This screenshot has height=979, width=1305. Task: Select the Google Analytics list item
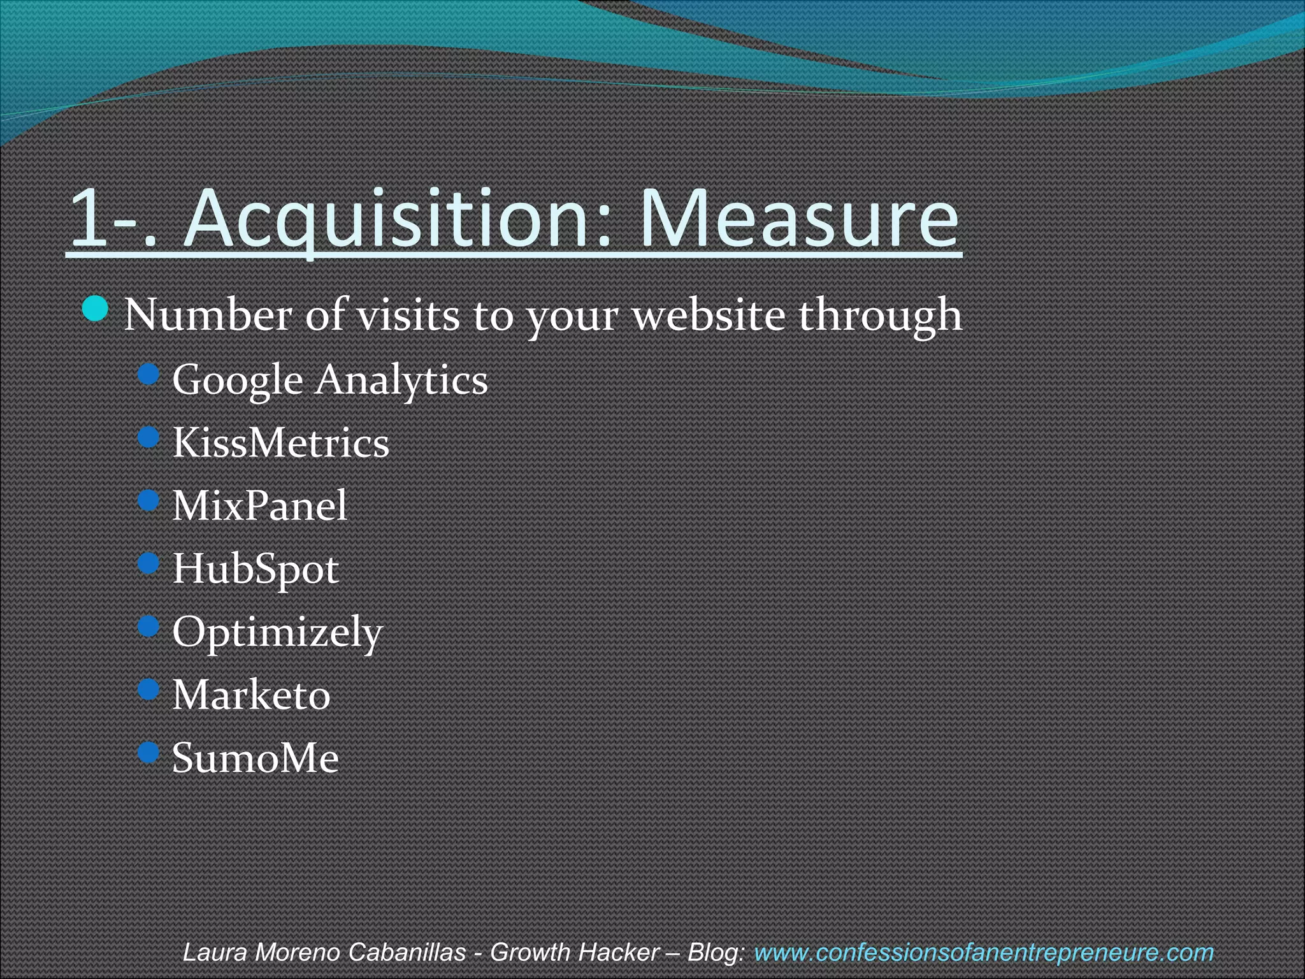tap(330, 380)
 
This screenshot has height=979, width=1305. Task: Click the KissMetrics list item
tap(280, 443)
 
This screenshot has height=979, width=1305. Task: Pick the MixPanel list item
tap(260, 505)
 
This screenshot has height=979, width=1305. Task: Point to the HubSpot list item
tap(256, 569)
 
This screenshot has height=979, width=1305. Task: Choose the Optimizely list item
tap(277, 632)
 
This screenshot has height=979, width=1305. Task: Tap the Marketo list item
tap(252, 695)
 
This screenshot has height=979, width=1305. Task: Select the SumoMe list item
tap(256, 758)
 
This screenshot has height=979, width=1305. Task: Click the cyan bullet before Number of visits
tap(96, 310)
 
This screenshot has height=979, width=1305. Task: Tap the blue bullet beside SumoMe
tap(148, 753)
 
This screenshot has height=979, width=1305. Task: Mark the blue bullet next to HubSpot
tap(148, 563)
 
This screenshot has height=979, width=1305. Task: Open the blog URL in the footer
tap(983, 952)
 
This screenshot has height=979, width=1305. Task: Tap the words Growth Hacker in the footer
tap(574, 952)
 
